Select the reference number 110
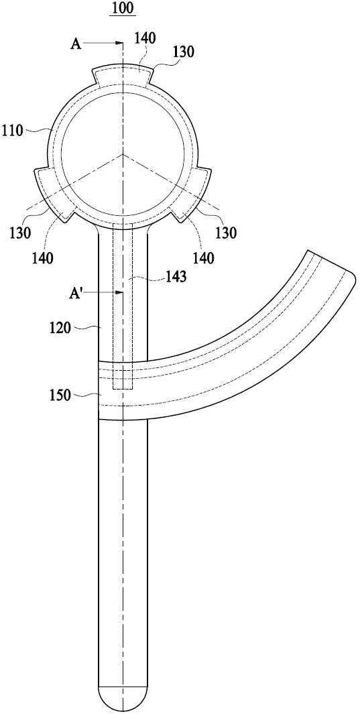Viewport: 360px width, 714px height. tap(12, 131)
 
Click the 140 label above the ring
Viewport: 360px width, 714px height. tap(145, 39)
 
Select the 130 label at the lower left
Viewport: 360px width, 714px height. tap(19, 233)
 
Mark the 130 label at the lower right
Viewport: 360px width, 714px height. tap(226, 233)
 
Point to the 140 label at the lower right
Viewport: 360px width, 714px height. tap(203, 258)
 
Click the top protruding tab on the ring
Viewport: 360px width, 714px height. tap(123, 74)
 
